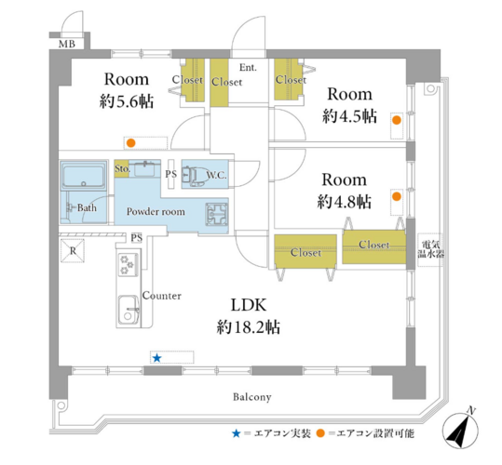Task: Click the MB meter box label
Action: coord(67,44)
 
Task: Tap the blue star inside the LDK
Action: coord(156,358)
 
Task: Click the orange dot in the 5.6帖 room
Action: coord(130,143)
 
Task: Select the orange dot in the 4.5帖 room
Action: coord(397,120)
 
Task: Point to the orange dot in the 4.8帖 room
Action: coord(397,196)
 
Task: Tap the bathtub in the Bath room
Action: coord(83,176)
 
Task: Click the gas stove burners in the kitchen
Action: coord(129,265)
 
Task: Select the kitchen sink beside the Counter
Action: coord(129,310)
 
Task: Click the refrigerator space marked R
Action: coord(73,251)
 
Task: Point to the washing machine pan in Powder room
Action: coord(216,213)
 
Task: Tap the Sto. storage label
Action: coord(122,168)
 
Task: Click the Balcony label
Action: coord(252,397)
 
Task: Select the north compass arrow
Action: coord(460,430)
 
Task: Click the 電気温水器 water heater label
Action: coord(431,249)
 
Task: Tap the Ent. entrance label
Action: coord(248,68)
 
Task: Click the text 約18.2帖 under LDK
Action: coord(249,327)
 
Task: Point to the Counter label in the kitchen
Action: coord(162,296)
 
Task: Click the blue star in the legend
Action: coord(237,433)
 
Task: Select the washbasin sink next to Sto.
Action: coord(147,168)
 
